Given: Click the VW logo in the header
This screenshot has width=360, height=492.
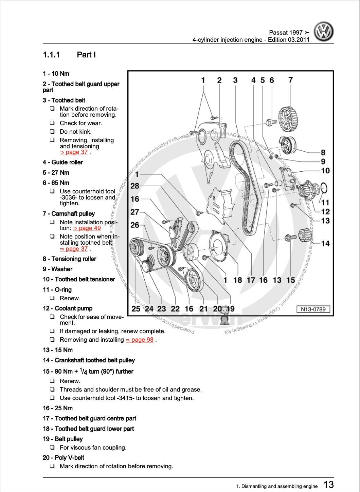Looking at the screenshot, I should point(323,32).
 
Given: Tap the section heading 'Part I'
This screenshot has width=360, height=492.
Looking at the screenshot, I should point(86,55).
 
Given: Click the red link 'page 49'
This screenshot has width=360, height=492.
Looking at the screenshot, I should point(87,228).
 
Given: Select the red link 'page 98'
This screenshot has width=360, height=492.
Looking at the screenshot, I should point(140,340).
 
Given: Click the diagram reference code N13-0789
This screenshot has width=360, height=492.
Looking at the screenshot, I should point(313,309).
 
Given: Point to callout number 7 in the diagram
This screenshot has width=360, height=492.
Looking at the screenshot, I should point(290,80).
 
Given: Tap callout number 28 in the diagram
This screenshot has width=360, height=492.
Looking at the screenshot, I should point(135,186).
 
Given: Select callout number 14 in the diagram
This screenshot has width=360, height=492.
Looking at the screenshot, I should point(325,243).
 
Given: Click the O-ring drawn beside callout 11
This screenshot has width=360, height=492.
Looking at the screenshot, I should point(323,188).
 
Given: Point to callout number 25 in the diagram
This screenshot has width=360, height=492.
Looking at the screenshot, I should point(136,309).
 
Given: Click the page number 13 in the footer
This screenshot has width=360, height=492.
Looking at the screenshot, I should point(328,485).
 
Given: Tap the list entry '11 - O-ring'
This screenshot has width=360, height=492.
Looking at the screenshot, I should point(57,290).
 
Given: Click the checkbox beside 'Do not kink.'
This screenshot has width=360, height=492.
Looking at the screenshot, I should point(52,132).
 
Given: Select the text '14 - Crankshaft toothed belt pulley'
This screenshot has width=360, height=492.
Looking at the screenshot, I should point(89,360).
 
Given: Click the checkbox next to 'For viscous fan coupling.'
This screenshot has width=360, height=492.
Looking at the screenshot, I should point(52,448).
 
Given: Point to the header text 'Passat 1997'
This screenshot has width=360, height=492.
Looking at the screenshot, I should point(286,33).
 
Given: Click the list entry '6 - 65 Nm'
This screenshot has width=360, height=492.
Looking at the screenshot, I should point(56,183).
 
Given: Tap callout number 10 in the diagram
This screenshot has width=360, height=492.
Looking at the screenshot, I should point(325,171).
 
